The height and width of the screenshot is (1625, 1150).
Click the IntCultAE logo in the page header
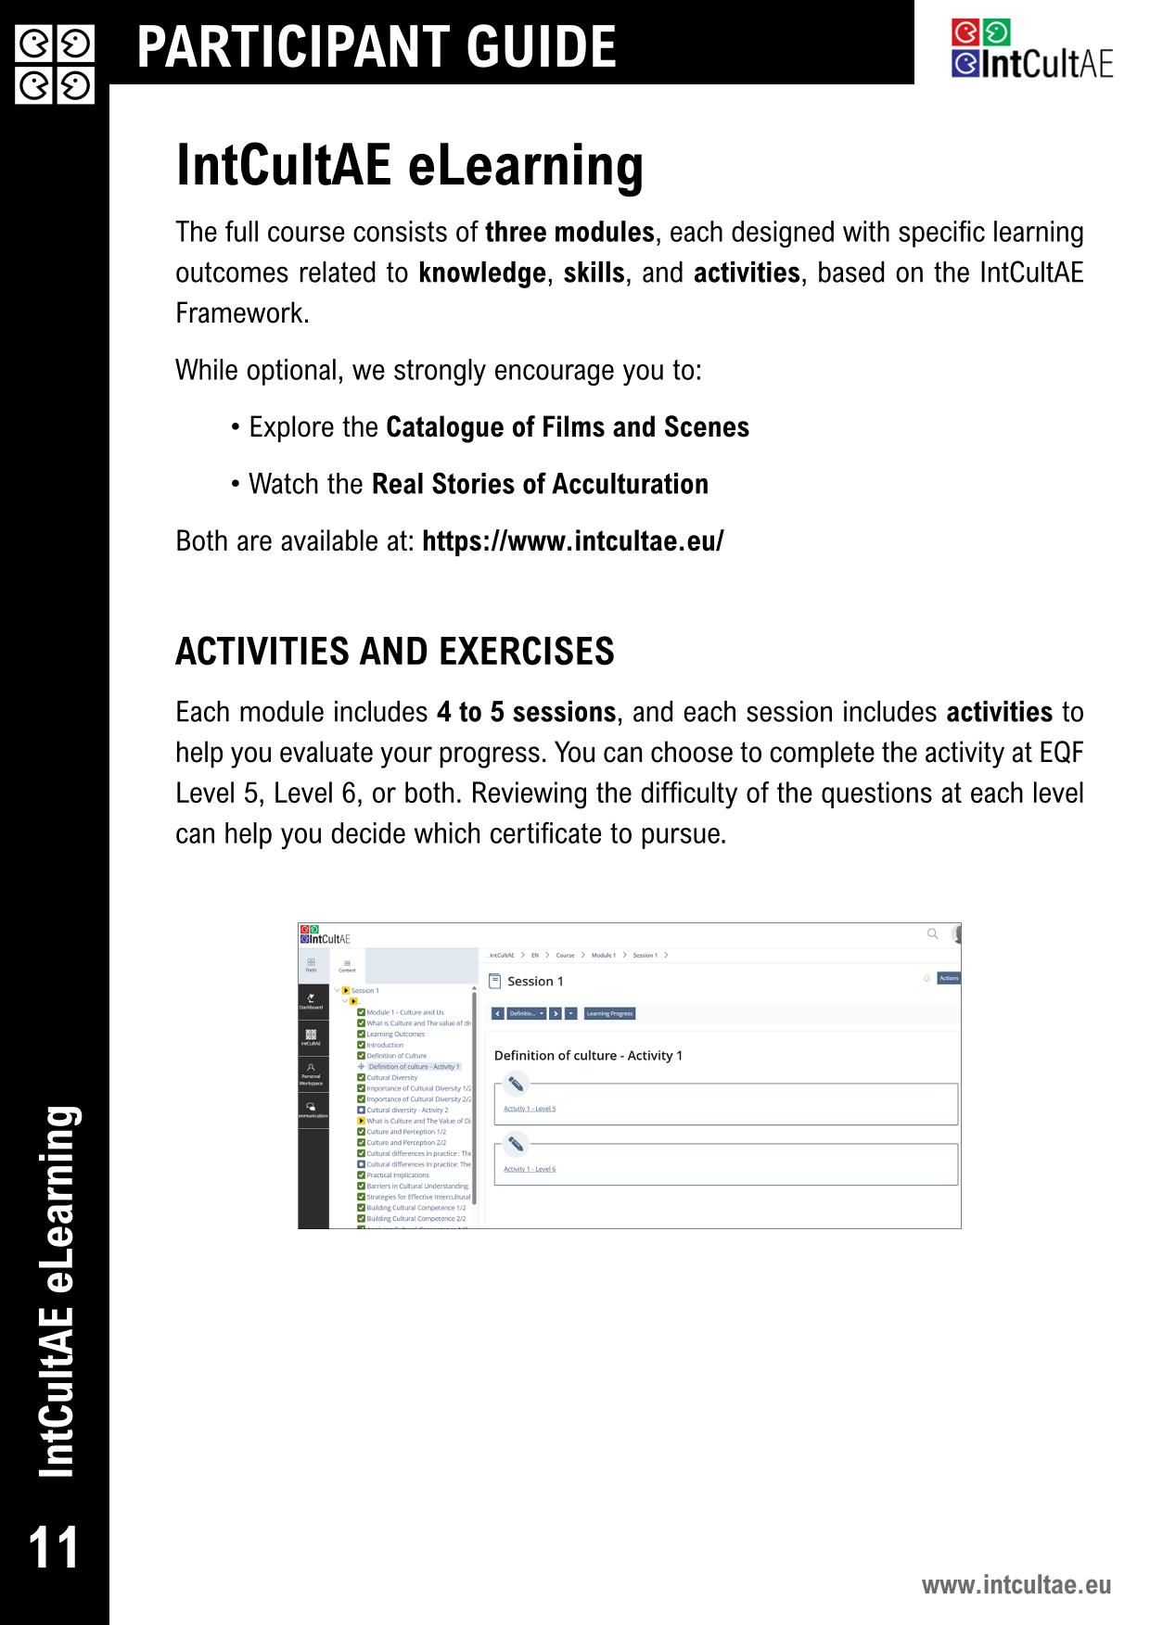tap(1031, 49)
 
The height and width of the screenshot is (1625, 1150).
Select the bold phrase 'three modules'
tap(569, 232)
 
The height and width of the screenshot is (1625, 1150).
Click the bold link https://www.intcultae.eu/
tap(572, 540)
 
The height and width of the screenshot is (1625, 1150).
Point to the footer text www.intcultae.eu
tap(1016, 1584)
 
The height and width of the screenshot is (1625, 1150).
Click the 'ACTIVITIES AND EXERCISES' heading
tap(394, 652)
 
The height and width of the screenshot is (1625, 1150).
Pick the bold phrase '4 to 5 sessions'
tap(526, 712)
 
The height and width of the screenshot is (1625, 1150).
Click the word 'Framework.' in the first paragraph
tap(242, 313)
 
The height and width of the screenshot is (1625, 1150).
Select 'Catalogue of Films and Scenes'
tap(567, 427)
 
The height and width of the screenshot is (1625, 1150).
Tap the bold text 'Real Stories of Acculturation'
tap(540, 484)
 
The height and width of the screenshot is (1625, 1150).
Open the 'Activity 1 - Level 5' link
tap(530, 1109)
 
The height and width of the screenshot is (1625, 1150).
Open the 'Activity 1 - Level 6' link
tap(530, 1169)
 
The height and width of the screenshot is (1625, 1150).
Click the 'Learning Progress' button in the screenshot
tap(609, 1013)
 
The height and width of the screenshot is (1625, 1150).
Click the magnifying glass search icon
tap(932, 933)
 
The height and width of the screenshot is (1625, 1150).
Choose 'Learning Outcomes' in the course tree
tap(395, 1034)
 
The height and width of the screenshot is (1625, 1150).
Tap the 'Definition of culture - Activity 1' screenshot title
tap(588, 1055)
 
